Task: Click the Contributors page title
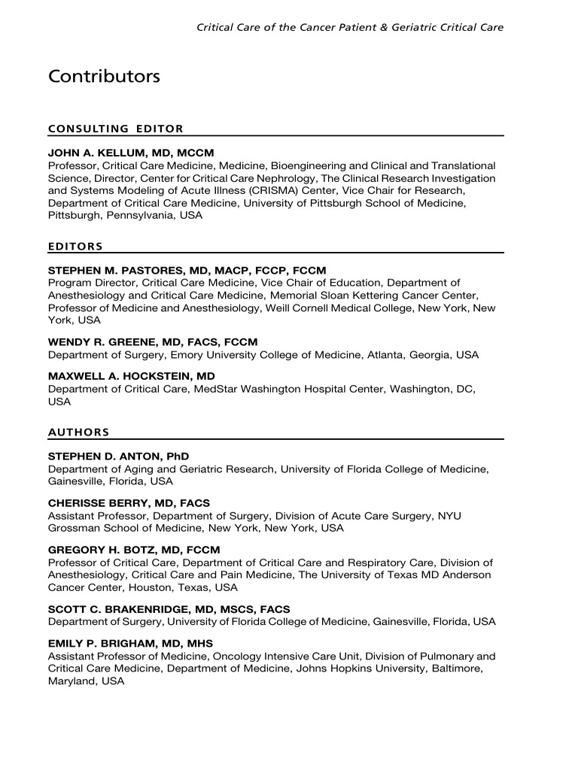[x=104, y=77]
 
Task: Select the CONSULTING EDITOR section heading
[x=116, y=129]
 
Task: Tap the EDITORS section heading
[x=75, y=246]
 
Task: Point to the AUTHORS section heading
[x=79, y=432]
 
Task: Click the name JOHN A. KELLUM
[x=97, y=153]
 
